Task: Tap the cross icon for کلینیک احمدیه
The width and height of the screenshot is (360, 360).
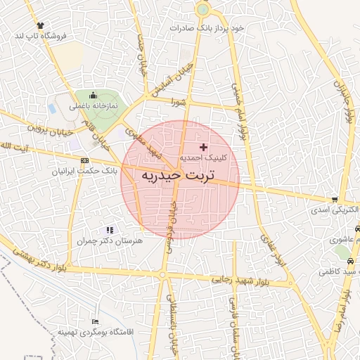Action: [x=204, y=147]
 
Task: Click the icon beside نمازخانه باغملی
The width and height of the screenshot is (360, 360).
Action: [x=91, y=96]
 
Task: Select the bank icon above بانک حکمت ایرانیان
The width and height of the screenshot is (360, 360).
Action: [x=84, y=160]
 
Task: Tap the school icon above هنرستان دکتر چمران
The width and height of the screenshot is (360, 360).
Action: [x=109, y=229]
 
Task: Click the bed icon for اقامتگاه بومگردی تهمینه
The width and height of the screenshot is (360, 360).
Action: [x=95, y=321]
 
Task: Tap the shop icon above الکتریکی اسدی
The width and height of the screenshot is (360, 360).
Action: [x=342, y=200]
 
